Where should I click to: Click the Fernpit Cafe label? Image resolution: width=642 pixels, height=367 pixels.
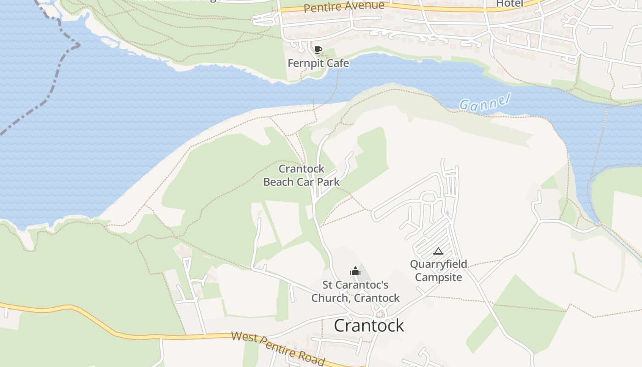[318, 63]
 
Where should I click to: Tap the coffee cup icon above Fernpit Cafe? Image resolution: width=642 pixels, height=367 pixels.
[318, 50]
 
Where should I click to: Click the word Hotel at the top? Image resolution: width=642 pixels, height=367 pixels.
[509, 4]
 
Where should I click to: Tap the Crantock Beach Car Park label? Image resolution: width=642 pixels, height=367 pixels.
[301, 175]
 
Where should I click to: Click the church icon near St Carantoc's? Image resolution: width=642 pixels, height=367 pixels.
[355, 271]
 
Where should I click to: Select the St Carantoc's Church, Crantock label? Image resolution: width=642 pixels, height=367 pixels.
[355, 291]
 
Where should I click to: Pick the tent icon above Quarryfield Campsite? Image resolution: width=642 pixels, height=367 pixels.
[438, 251]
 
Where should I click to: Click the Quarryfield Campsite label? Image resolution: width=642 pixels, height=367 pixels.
[438, 271]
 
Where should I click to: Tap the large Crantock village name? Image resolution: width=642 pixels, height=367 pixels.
[369, 325]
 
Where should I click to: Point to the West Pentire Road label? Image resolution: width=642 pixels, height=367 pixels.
[278, 347]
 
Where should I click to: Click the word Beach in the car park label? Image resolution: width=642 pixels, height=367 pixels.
[278, 182]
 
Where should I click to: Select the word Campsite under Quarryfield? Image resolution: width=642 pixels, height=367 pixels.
[438, 278]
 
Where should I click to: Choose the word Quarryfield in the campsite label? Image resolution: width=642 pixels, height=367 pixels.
[438, 264]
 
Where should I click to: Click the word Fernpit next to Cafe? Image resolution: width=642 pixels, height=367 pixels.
[304, 63]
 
